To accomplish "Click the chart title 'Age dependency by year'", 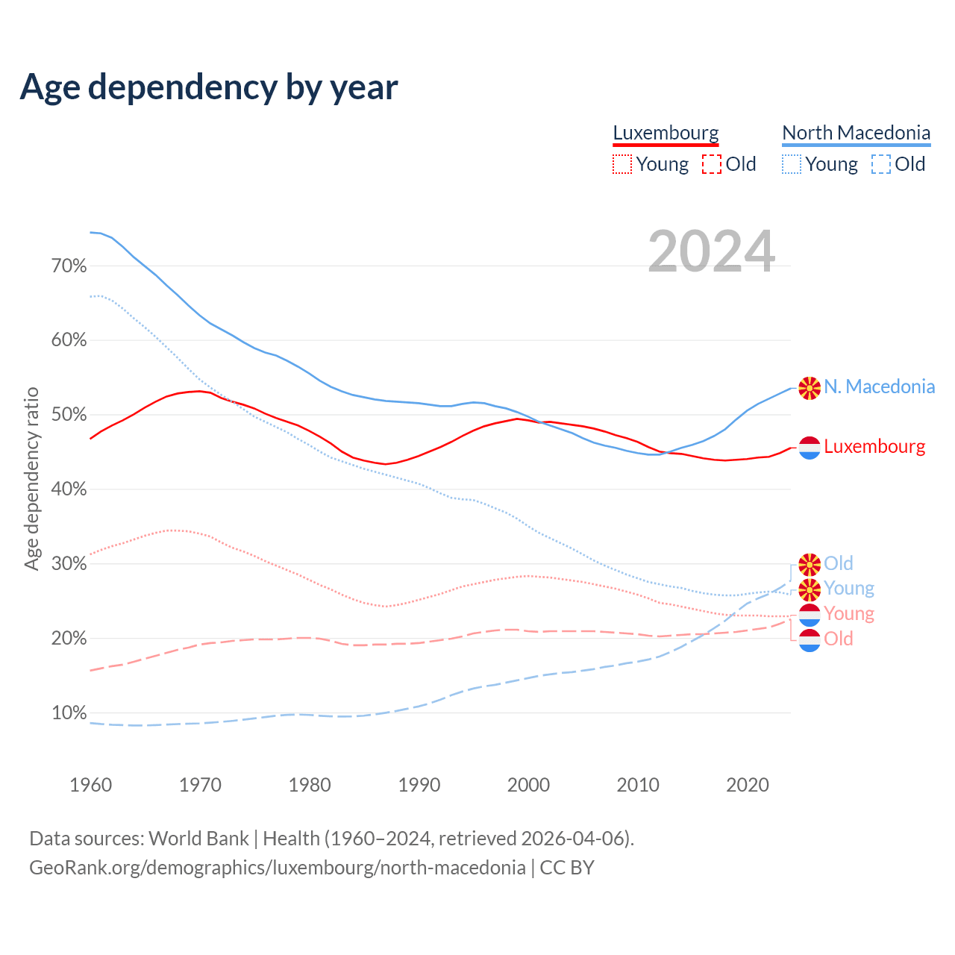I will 209,87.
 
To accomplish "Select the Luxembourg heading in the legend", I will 666,133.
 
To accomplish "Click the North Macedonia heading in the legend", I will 856,133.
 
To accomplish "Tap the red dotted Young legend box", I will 621,164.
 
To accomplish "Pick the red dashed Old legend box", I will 712,164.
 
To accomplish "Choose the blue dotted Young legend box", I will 792,164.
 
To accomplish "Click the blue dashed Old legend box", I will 881,164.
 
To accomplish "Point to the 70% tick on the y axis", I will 69,266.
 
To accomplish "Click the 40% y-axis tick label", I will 69,489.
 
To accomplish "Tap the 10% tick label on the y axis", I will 69,713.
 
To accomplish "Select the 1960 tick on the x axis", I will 90,785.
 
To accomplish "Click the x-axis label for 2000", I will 528,785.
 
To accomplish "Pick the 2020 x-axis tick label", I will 748,785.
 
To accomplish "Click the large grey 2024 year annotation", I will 711,251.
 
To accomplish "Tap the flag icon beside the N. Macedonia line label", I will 810,388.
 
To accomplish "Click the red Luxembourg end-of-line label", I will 874,447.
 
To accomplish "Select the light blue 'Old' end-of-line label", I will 839,563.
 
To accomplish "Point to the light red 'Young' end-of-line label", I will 849,614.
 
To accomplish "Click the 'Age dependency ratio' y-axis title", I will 31,478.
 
